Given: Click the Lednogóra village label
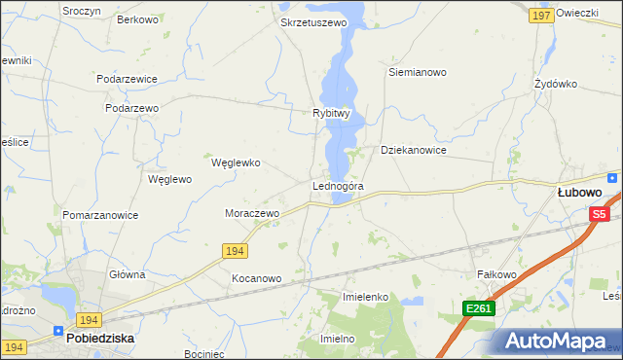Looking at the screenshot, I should coord(338,185).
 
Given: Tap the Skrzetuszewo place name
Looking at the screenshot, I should coord(313,21).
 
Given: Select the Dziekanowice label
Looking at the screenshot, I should coord(413,151).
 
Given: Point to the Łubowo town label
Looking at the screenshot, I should coord(578,193).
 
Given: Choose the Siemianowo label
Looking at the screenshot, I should coord(417,72).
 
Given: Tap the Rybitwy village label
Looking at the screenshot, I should coord(331,113).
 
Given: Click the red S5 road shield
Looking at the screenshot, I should coord(599,214).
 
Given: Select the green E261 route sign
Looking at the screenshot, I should coord(478,308).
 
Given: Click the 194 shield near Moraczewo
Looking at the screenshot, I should coord(235,251).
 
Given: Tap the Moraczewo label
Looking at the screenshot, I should coord(252,213).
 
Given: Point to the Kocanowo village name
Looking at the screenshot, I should coord(256,278).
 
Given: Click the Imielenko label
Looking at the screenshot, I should coord(366,296).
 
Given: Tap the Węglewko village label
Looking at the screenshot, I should coord(236,162).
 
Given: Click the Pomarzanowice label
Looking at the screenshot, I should coord(100,215).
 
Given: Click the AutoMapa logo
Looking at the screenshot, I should coord(559,341).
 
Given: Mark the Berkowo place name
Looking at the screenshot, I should coord(137,19).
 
